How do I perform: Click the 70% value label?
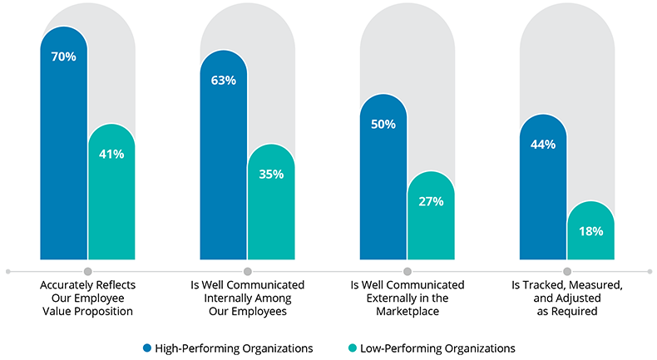[64, 57]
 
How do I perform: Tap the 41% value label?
[111, 154]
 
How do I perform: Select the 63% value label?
[223, 81]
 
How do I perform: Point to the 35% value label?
[271, 175]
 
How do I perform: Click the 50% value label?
[383, 124]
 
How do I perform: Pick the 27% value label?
[431, 201]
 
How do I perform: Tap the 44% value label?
[542, 144]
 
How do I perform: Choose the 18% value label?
[590, 231]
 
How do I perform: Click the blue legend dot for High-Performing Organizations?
[147, 348]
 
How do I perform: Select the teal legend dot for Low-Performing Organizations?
[353, 348]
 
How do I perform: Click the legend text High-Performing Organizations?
[233, 348]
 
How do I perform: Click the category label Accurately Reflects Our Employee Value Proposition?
[87, 298]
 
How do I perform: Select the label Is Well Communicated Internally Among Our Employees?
[247, 298]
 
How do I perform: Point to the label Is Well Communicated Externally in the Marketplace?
[407, 298]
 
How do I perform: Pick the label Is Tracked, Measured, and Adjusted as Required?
[566, 298]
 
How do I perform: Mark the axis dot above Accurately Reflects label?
[87, 271]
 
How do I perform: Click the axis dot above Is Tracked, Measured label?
[566, 271]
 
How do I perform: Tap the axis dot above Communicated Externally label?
[407, 271]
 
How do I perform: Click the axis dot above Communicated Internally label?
[247, 271]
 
